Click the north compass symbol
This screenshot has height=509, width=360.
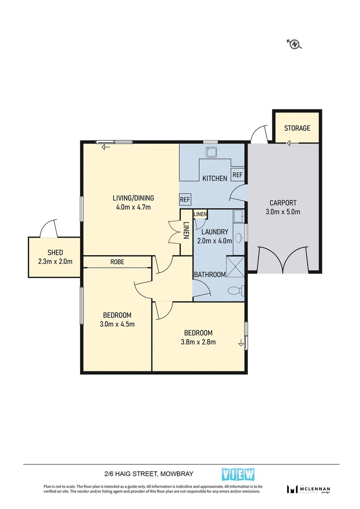(x=295, y=44)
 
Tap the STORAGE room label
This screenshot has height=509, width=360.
(x=297, y=128)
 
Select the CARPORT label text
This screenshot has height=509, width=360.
(x=283, y=203)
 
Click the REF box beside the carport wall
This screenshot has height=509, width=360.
(x=237, y=175)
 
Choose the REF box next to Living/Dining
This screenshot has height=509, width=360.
(x=185, y=200)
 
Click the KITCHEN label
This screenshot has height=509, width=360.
(x=215, y=178)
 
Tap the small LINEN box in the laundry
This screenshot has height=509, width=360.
(x=200, y=214)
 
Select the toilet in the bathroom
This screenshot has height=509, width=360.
(x=234, y=291)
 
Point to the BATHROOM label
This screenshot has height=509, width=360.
(x=210, y=275)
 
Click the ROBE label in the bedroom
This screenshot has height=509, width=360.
(x=117, y=262)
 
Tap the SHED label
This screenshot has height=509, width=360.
(x=55, y=253)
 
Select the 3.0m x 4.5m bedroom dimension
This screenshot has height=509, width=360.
(x=117, y=324)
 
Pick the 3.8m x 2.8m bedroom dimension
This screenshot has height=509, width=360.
(x=198, y=342)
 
